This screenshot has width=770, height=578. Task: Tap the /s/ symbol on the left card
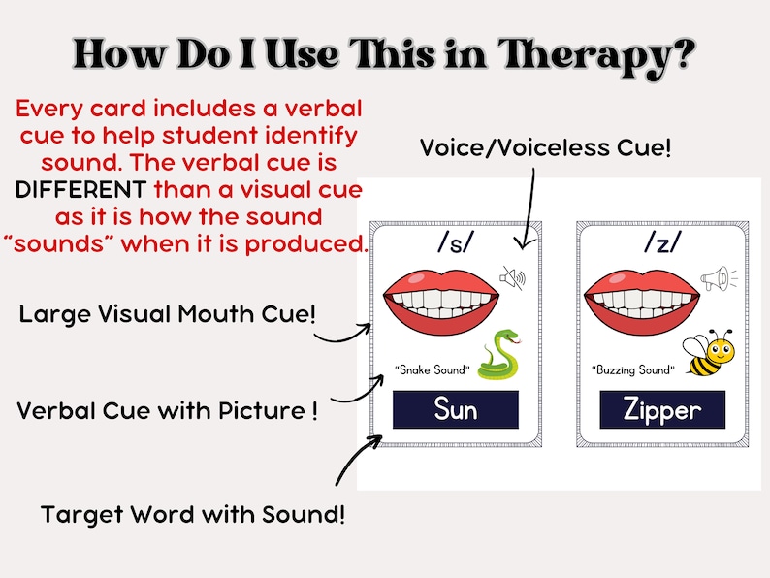454,243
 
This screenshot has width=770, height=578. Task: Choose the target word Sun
456,409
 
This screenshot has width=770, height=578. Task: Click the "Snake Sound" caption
433,369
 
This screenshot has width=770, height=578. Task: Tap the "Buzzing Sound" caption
631,369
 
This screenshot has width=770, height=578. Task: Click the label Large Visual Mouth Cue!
170,314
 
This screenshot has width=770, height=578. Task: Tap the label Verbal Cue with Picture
167,410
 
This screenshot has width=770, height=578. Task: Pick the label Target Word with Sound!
192,514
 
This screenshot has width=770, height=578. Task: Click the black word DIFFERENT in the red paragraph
80,188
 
